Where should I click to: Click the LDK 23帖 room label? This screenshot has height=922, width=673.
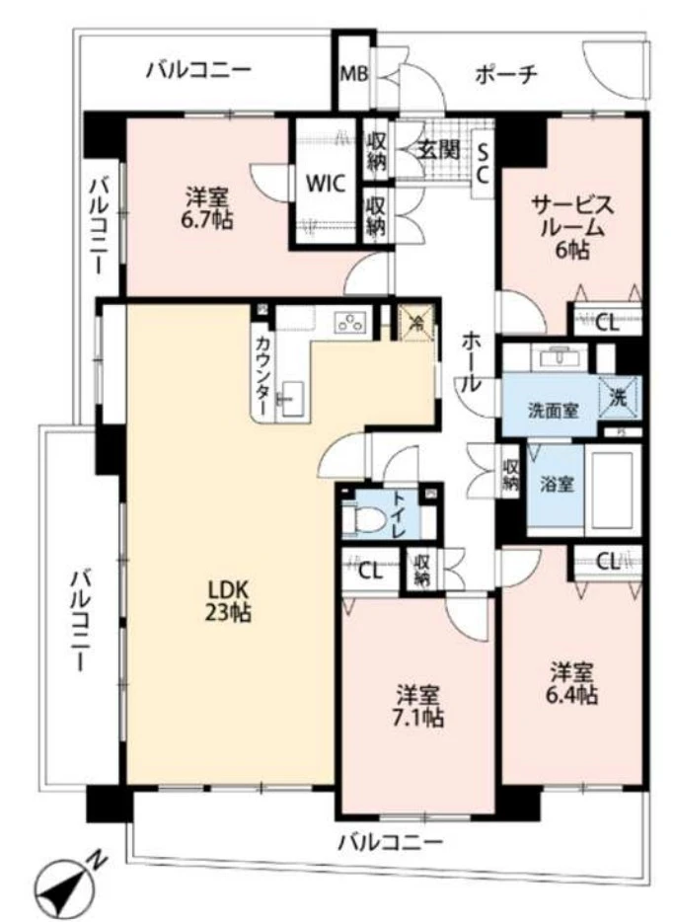228,600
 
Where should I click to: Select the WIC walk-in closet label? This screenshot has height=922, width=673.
324,184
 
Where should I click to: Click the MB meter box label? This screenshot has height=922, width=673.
352,74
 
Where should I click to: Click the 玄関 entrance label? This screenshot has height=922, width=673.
436,150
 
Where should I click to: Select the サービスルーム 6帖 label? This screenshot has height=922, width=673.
572,227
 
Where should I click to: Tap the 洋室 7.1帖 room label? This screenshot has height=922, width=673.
419,705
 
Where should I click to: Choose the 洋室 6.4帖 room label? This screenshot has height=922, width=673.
572,683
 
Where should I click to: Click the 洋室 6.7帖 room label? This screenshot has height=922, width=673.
208,208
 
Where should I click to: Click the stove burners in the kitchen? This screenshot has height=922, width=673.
351,320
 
